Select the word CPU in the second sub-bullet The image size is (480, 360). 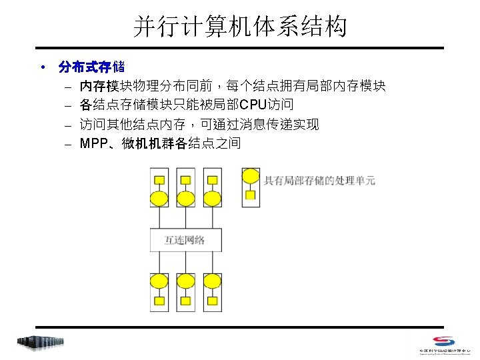click(x=253, y=105)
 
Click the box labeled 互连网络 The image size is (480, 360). click(x=185, y=239)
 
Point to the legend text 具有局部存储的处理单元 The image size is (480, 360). click(x=319, y=180)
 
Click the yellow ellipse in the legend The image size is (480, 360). click(x=251, y=177)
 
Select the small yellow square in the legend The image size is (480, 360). click(x=251, y=195)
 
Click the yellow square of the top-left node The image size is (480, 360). click(x=159, y=180)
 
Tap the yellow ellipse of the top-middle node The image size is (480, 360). click(x=186, y=198)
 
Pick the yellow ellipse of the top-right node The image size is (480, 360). click(x=212, y=198)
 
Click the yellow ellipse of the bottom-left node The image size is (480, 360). click(x=159, y=281)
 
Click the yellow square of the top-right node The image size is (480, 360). click(x=212, y=180)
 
